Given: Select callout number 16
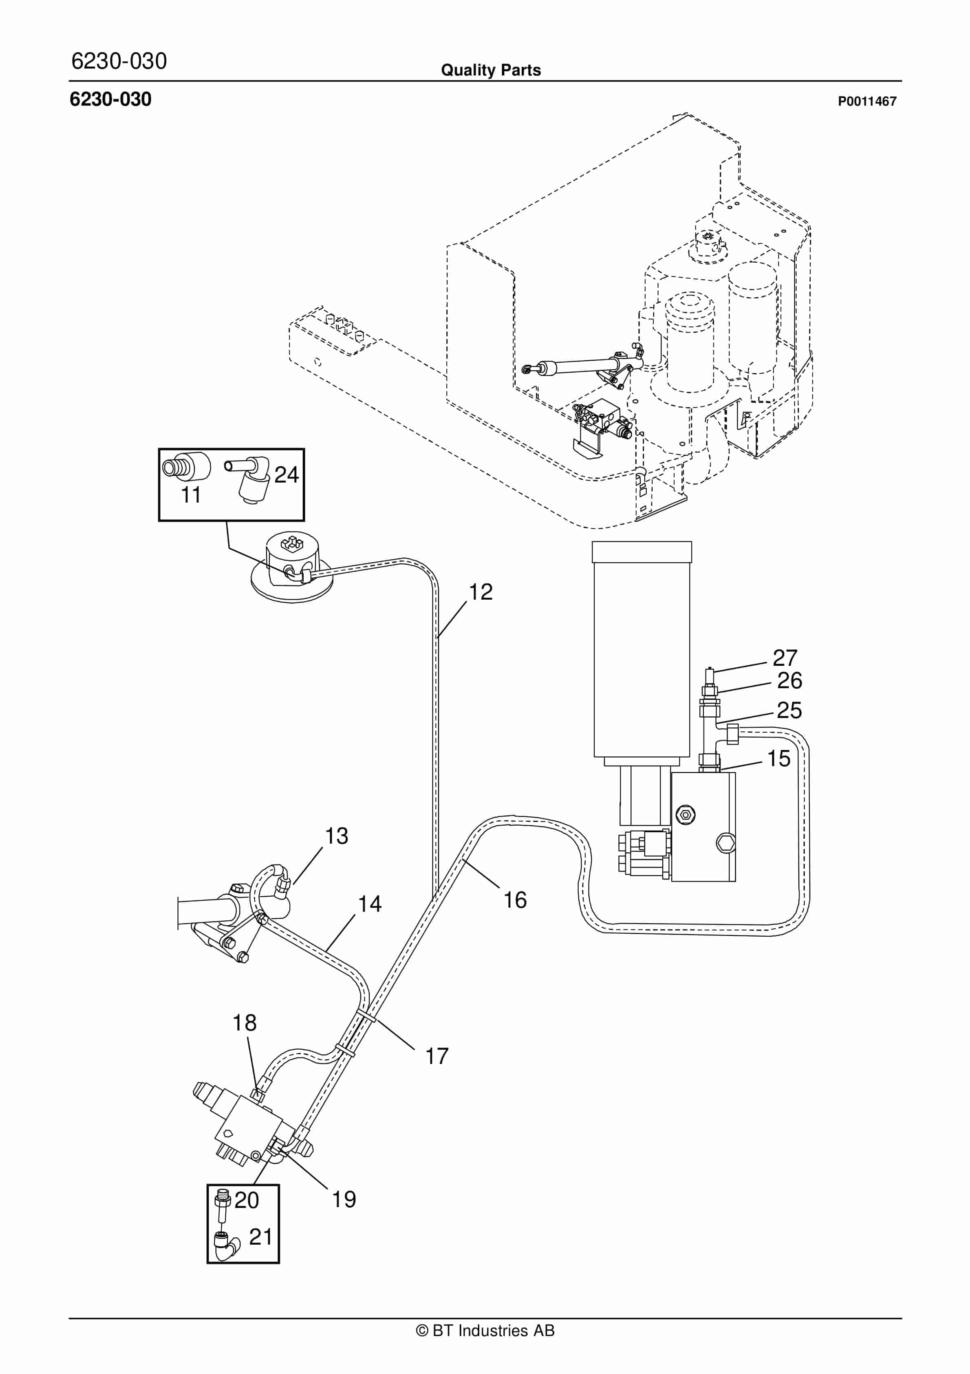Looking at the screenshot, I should [514, 900].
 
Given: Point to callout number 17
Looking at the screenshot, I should [436, 1056].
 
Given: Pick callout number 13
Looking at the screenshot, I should [336, 836].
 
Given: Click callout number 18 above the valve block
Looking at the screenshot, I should [244, 1023].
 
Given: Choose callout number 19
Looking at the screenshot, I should [344, 1199].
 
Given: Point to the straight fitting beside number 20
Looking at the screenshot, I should [223, 1204].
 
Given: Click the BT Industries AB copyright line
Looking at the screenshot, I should [485, 1330].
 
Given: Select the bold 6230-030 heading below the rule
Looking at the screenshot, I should [110, 100].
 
